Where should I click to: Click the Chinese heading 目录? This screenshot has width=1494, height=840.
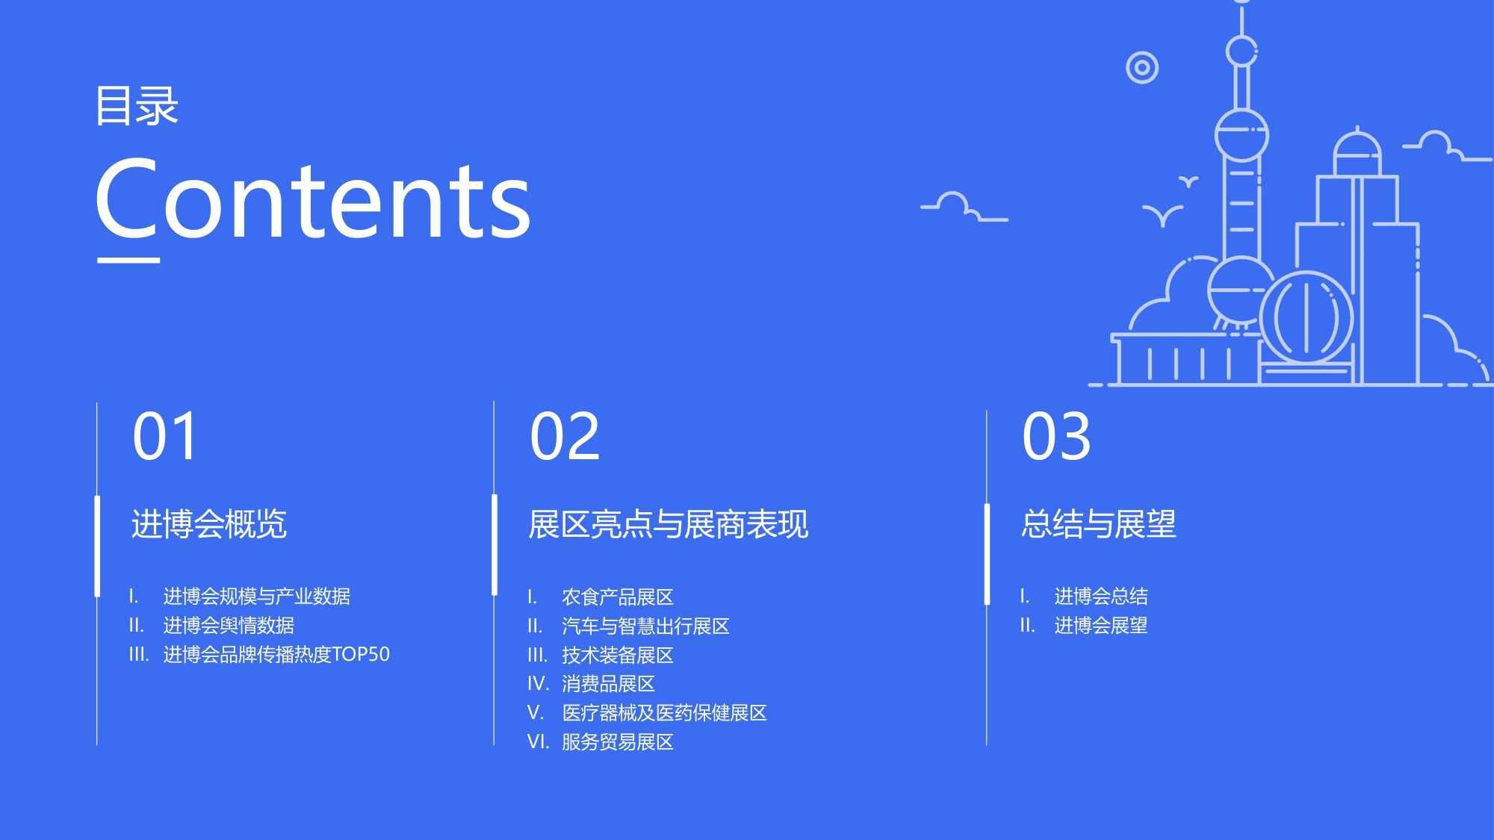(137, 106)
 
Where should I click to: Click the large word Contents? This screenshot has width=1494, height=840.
(313, 200)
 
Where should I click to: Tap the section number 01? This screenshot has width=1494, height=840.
(165, 436)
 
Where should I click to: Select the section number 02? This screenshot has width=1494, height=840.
(565, 436)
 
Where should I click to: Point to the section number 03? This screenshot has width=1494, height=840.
(1056, 436)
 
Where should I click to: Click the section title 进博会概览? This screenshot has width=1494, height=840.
(209, 524)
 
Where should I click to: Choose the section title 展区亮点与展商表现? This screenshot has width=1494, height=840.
(668, 524)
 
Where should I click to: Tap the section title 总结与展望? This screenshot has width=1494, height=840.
(1099, 524)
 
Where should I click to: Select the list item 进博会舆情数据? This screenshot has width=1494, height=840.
(229, 626)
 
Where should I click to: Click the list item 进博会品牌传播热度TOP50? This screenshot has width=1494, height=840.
(276, 655)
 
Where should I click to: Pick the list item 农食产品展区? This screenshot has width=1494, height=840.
(618, 597)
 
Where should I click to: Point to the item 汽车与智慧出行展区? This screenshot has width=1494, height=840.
(645, 626)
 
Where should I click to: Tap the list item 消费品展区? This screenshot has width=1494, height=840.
(608, 684)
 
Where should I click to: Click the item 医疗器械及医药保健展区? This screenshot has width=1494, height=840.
(664, 713)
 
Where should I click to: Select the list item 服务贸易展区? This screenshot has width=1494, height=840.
(618, 742)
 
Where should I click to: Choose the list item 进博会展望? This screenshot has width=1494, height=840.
(1101, 626)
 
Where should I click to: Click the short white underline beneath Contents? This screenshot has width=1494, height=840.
(128, 260)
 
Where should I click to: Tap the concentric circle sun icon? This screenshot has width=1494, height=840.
(1142, 68)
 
